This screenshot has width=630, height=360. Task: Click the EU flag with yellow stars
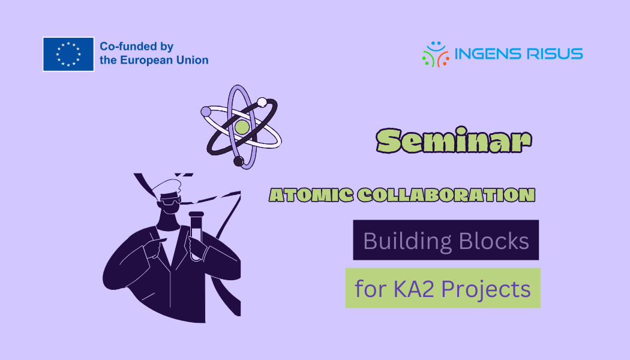pos(68,54)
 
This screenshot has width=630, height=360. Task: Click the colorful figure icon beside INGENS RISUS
pos(436,54)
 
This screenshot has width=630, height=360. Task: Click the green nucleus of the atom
pos(242,127)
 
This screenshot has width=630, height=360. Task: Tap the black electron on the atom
pos(239,161)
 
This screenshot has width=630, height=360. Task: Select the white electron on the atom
pos(262,103)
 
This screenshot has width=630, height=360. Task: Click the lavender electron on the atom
pos(206,112)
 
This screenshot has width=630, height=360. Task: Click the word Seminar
pos(454,140)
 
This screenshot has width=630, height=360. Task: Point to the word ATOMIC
pos(311,195)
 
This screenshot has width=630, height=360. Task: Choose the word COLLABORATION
pos(446,195)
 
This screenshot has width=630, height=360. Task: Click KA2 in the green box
pos(413,289)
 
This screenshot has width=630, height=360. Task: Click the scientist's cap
pos(166,187)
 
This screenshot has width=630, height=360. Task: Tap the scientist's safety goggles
pos(170,200)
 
